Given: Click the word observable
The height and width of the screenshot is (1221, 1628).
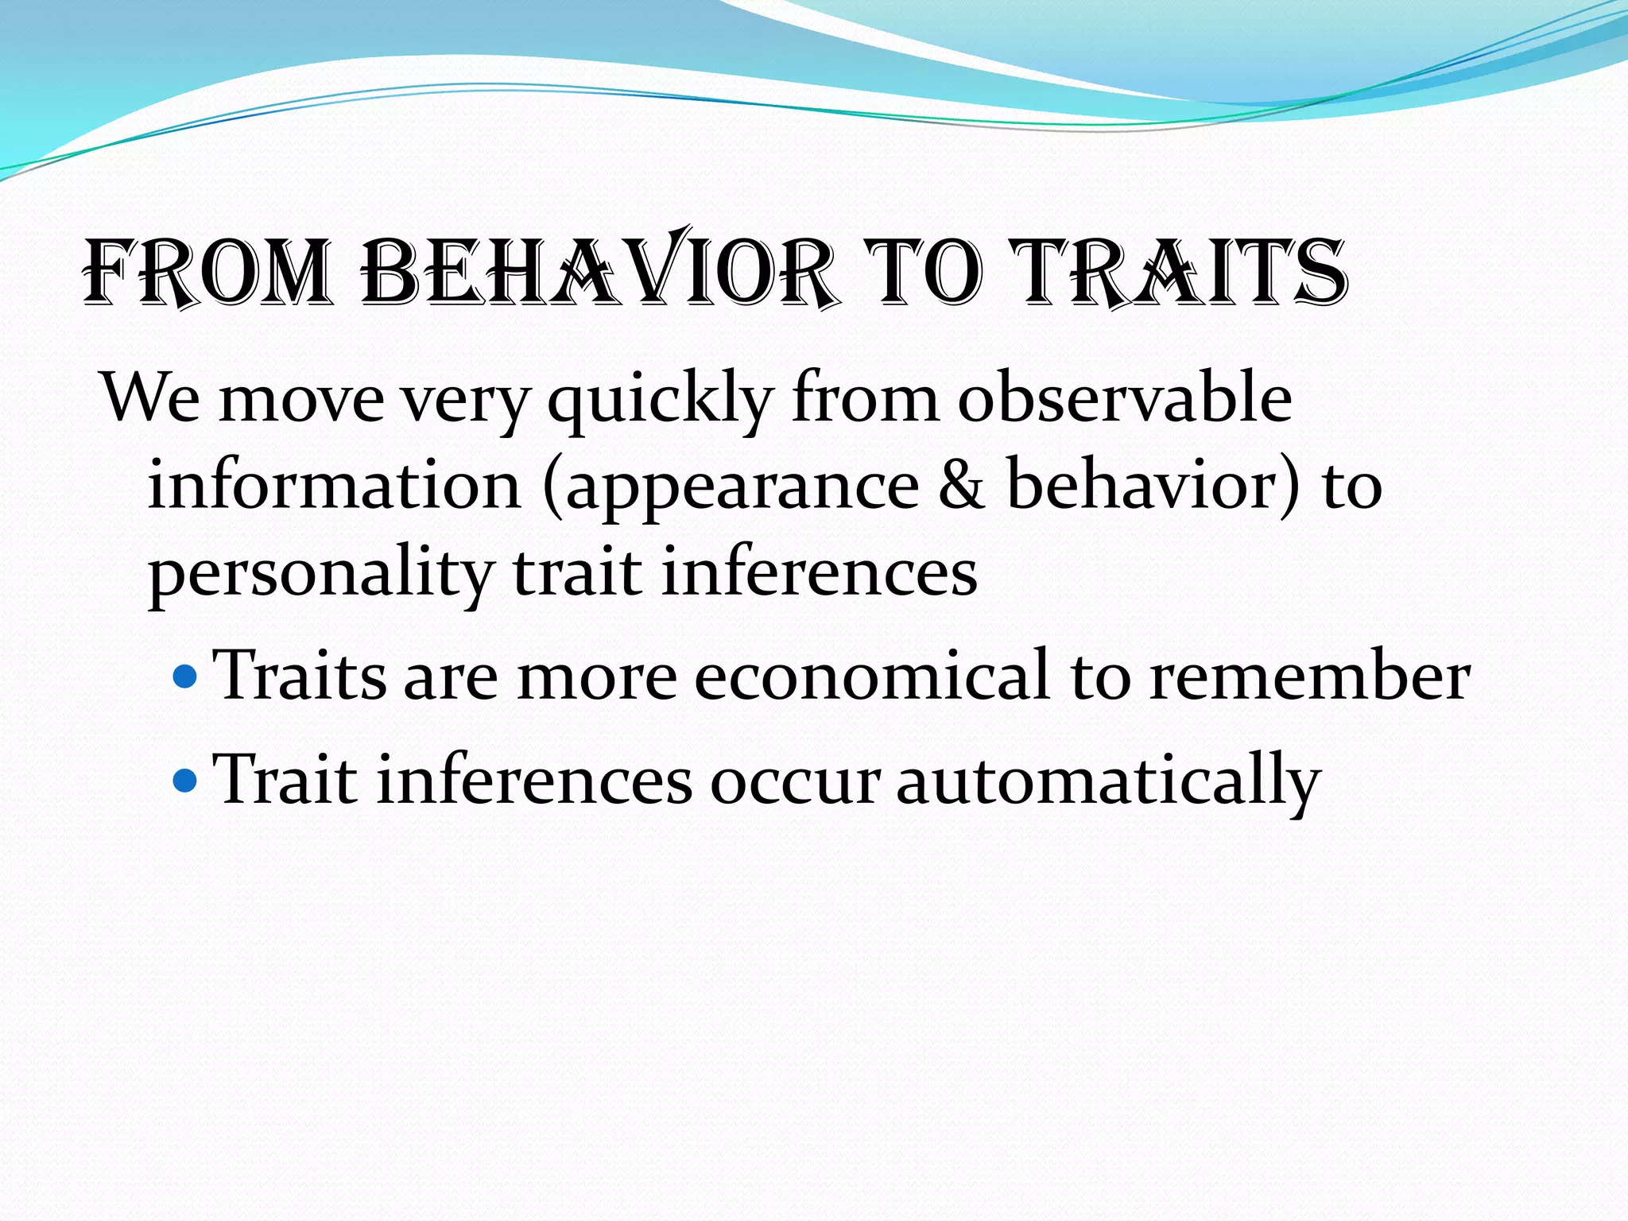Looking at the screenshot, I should point(1125,397).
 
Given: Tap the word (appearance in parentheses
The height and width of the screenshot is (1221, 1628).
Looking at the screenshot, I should point(731,487).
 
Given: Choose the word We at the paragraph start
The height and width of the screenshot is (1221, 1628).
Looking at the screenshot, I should point(151,397).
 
